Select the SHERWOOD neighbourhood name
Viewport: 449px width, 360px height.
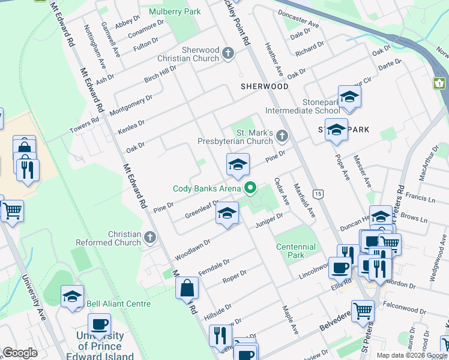(265, 86)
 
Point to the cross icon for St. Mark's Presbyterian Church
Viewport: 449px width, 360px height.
(283, 137)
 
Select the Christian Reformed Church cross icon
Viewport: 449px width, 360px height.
(150, 238)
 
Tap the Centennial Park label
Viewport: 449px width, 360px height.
(295, 251)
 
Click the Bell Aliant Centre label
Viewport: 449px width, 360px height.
(119, 304)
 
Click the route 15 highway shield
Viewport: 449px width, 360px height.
(318, 193)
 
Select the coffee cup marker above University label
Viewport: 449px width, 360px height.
(99, 325)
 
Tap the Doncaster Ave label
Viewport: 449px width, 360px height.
(299, 21)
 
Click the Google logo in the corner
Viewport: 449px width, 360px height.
(20, 353)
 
